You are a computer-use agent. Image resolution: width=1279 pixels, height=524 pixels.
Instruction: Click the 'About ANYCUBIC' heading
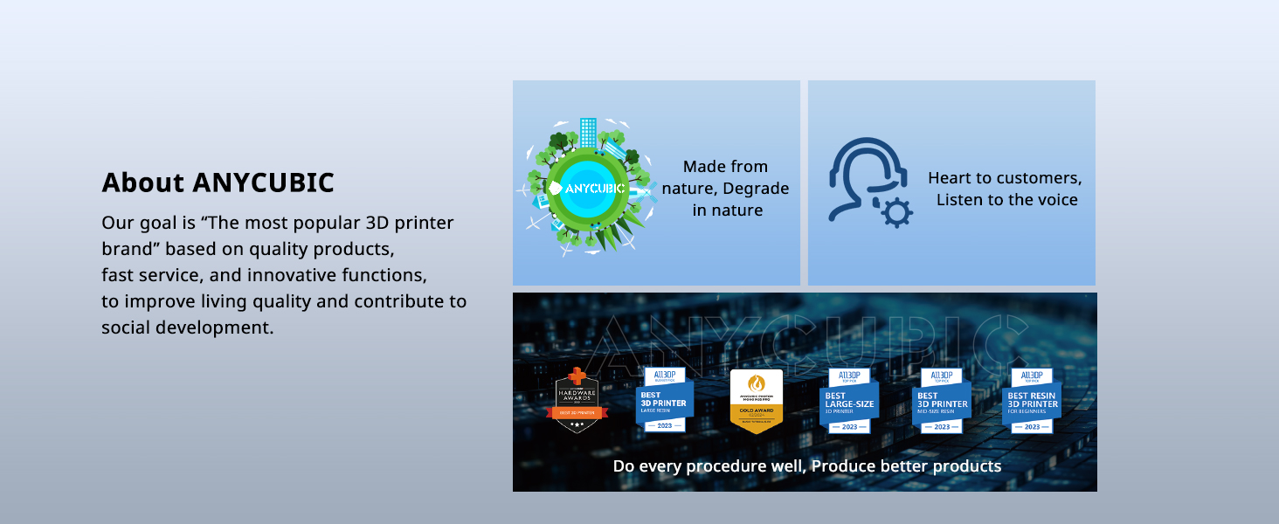pos(218,183)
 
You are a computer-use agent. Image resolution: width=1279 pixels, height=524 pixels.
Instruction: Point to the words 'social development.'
pos(187,327)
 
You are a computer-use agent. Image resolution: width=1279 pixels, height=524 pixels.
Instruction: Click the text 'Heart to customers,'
pos(1005,178)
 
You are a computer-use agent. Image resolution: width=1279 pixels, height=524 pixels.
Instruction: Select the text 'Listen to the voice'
pos(1006,200)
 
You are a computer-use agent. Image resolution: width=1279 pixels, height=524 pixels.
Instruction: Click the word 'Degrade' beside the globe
pos(756,189)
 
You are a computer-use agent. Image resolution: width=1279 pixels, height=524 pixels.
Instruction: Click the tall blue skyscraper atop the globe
pos(588,133)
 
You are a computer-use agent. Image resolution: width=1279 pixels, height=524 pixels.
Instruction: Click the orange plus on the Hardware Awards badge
pos(577,375)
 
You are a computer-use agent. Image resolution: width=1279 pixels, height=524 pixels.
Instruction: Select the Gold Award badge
pos(756,402)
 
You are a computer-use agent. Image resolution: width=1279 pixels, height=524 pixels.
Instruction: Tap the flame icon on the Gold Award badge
pos(756,383)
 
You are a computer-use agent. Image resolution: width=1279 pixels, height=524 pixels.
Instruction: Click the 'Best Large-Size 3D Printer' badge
pos(849,401)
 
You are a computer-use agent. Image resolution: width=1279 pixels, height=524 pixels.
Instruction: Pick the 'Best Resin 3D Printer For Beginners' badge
pos(1032,401)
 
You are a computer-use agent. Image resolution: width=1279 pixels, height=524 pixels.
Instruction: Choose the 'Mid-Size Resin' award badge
pos(941,401)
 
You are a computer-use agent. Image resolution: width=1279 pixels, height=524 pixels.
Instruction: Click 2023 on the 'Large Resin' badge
pos(664,425)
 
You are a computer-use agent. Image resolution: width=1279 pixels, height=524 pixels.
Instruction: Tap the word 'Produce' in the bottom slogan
pos(844,466)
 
